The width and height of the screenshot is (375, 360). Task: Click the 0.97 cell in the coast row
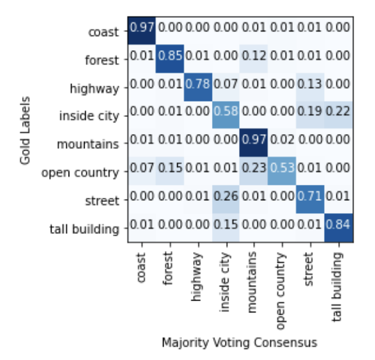point(142,28)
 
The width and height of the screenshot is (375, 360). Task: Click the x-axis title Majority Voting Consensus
point(240,343)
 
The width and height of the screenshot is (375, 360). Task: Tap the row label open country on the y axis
point(80,173)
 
